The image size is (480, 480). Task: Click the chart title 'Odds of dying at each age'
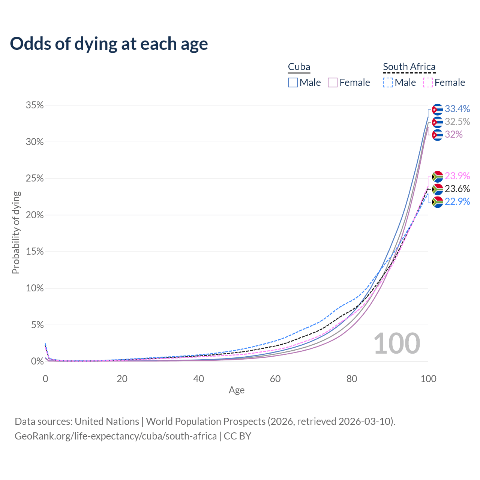coord(109,44)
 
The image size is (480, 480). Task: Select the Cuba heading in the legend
coord(299,67)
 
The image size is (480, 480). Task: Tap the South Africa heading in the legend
coord(409,67)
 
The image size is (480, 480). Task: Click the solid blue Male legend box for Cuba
coord(293,82)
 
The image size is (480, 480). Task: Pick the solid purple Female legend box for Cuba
coord(333,82)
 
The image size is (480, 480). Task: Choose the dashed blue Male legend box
coord(388,82)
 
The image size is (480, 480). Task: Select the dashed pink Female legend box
coord(428,82)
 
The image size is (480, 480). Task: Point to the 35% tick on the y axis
coord(34,105)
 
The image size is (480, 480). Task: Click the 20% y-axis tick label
coord(34,215)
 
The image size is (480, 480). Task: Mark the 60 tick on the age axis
coord(275,379)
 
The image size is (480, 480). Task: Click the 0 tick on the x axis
coord(45,379)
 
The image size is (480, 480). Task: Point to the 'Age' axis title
coord(237,390)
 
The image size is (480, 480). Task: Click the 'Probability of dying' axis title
coord(16,232)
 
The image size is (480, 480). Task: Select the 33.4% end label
coord(457,109)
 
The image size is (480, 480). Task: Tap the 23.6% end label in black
coord(457,189)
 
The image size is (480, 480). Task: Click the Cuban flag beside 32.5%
coord(437,122)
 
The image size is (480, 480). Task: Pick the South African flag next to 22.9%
coord(437,202)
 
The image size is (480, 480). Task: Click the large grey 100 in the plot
coord(397,343)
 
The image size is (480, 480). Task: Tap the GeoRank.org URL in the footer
coord(115,436)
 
